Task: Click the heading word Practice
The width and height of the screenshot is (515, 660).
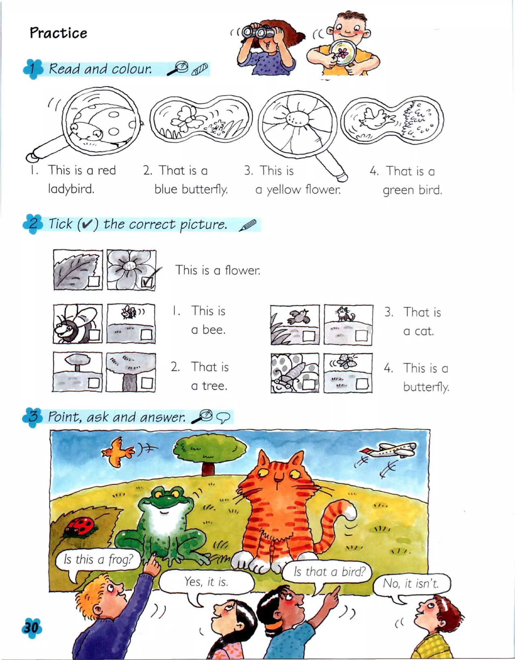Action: click(x=58, y=33)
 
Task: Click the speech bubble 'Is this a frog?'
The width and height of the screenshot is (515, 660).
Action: click(x=98, y=560)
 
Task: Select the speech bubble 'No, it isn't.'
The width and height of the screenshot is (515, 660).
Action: click(x=411, y=583)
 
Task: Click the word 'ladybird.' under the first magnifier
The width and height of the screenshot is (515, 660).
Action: click(x=71, y=189)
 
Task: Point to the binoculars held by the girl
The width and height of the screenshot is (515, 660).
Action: click(x=258, y=31)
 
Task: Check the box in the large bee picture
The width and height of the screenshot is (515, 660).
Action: click(x=94, y=335)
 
